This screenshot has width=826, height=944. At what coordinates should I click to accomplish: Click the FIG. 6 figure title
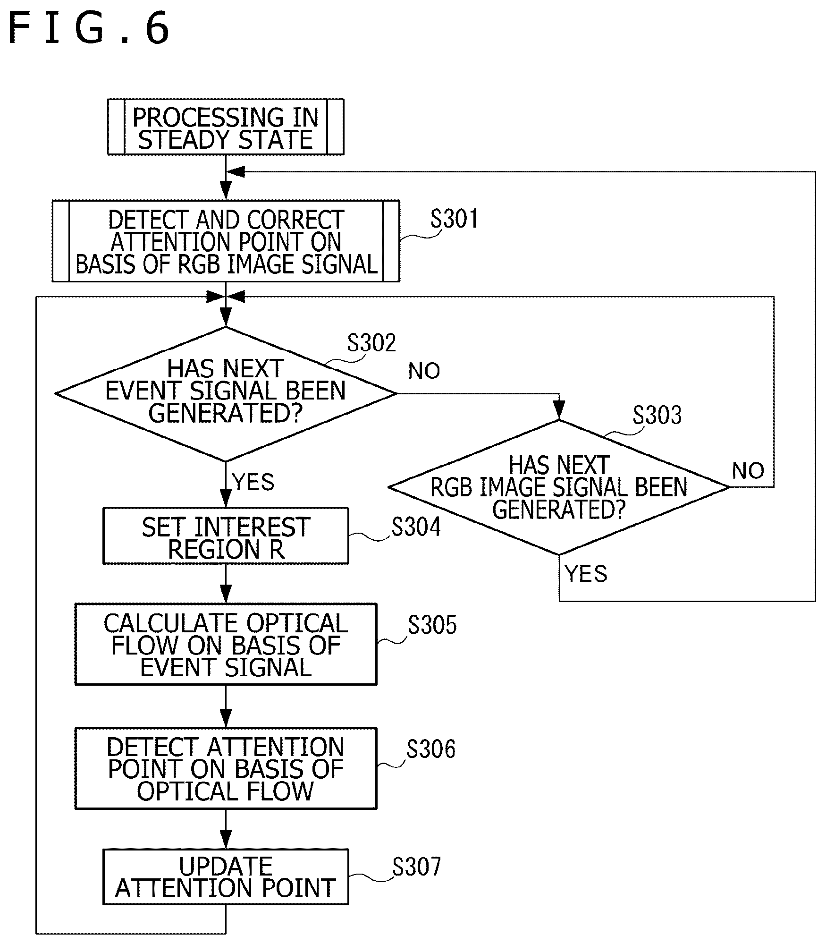tap(88, 28)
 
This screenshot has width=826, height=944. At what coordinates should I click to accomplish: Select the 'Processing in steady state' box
tap(226, 127)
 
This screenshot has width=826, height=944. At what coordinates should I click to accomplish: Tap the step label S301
tap(454, 219)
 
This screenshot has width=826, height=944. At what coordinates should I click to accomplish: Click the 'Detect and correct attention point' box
tap(226, 241)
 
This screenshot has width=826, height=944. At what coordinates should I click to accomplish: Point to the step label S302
tap(371, 343)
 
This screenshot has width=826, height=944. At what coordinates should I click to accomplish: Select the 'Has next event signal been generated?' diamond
tap(226, 394)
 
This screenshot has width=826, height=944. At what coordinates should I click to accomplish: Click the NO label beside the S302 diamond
tap(424, 371)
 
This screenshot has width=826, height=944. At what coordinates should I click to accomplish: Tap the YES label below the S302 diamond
tap(253, 482)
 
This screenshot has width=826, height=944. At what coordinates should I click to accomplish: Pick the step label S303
tap(657, 416)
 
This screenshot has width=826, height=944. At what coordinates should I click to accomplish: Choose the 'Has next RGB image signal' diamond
tap(559, 487)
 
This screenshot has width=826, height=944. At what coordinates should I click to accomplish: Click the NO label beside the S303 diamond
tap(748, 471)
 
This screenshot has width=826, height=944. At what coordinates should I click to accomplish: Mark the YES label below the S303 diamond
tap(586, 574)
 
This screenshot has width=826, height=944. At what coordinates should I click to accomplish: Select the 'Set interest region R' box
tap(226, 536)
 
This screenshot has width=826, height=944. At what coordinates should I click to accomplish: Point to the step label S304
tap(416, 527)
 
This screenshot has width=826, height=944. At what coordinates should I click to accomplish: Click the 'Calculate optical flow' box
tap(226, 644)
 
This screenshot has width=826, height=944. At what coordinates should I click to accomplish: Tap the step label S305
tap(432, 625)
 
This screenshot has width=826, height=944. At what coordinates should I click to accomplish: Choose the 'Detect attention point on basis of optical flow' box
tap(226, 768)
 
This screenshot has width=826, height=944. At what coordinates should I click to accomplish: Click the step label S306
tap(431, 749)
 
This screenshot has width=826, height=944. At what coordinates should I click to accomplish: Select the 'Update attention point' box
tap(226, 877)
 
